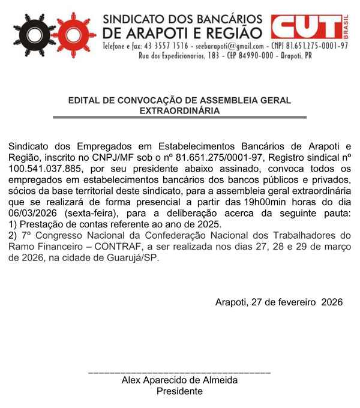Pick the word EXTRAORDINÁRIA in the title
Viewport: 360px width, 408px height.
coord(179,110)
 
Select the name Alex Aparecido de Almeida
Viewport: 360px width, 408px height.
coord(179,380)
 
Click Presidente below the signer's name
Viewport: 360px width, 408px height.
coord(179,391)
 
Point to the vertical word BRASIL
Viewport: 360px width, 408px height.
coord(347,25)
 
